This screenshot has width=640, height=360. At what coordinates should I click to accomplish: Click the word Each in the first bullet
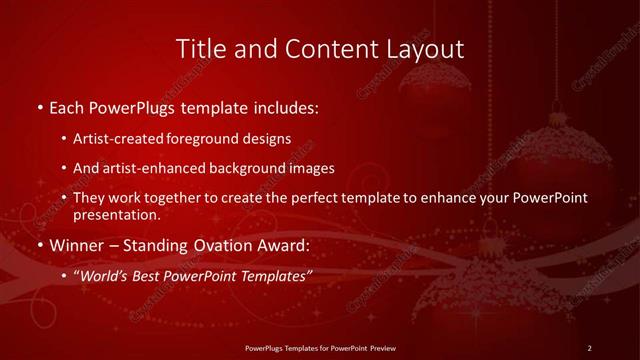(x=67, y=105)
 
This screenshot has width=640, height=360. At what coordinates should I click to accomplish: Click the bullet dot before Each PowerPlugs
(x=39, y=106)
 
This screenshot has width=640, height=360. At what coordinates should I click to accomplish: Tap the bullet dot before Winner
(x=39, y=245)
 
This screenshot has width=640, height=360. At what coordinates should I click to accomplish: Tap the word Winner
(x=78, y=245)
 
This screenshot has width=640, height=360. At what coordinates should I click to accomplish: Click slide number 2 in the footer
(x=590, y=348)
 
